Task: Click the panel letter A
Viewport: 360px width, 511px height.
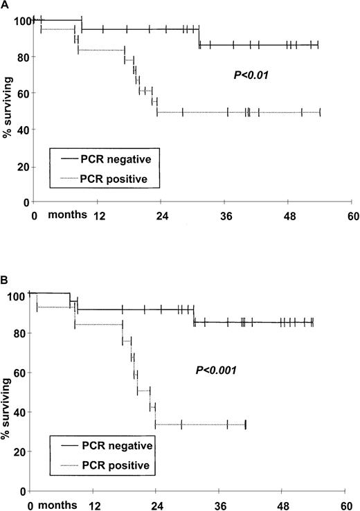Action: pos(6,6)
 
